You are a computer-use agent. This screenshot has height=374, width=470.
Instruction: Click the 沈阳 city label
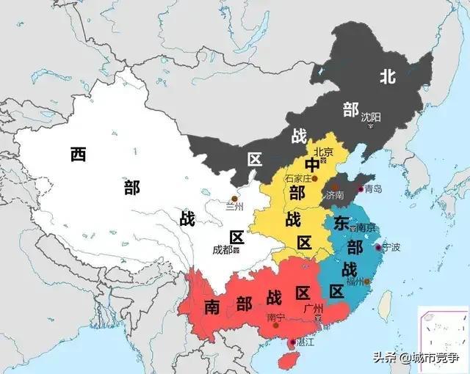coord(371,117)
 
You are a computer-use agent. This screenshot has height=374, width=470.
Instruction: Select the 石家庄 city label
coord(298,177)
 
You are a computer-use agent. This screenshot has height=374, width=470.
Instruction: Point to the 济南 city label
coord(335,196)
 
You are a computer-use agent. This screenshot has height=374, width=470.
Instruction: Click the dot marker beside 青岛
coord(360,189)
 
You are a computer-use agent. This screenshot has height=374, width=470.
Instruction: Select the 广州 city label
coord(313,309)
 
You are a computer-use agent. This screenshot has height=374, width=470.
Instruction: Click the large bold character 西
coord(79,154)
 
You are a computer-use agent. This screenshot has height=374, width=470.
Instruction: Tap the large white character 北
coord(387,76)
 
